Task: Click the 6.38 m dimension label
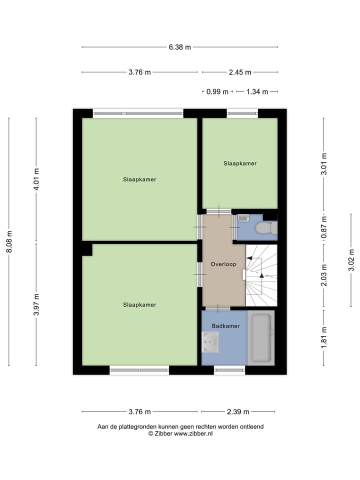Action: coord(180,47)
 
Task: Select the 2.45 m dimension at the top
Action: coord(240,72)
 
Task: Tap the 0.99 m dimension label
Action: coord(217,91)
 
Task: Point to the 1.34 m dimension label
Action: coord(257,91)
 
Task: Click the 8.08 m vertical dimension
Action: coord(9,241)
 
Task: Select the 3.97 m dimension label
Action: coord(36,305)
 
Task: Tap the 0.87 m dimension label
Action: coord(324,226)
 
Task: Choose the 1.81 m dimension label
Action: coord(324,337)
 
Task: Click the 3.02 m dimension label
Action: coord(351,260)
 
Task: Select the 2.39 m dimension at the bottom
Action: coord(238,412)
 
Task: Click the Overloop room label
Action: coord(223,264)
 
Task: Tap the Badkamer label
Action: coord(225,326)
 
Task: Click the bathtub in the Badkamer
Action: coord(260,338)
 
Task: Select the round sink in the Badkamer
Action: coord(210,342)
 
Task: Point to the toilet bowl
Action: coord(263,228)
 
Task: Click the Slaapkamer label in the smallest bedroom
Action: coord(240,163)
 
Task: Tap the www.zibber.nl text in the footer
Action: coord(193,434)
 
